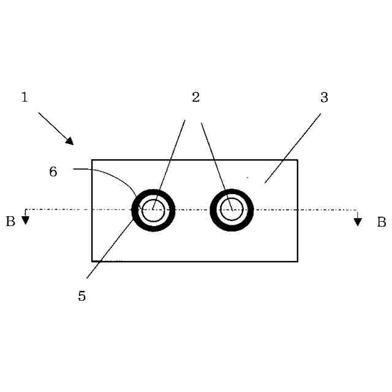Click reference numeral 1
(x=24, y=97)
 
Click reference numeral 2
(x=195, y=97)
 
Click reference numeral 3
(x=324, y=97)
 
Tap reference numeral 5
(x=82, y=296)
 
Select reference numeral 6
(x=53, y=172)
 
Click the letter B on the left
(x=10, y=222)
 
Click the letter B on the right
(x=381, y=222)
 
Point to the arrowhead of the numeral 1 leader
(x=70, y=141)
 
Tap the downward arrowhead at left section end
(x=26, y=220)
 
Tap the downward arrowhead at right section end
(x=358, y=221)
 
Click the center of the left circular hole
(x=153, y=210)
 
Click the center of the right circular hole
(x=232, y=210)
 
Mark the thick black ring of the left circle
(x=153, y=192)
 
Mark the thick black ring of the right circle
(x=232, y=192)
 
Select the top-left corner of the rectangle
(x=92, y=160)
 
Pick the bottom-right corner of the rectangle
(x=298, y=262)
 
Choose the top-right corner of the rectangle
(x=298, y=160)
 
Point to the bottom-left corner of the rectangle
(x=92, y=262)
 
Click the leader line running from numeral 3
(x=293, y=148)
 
